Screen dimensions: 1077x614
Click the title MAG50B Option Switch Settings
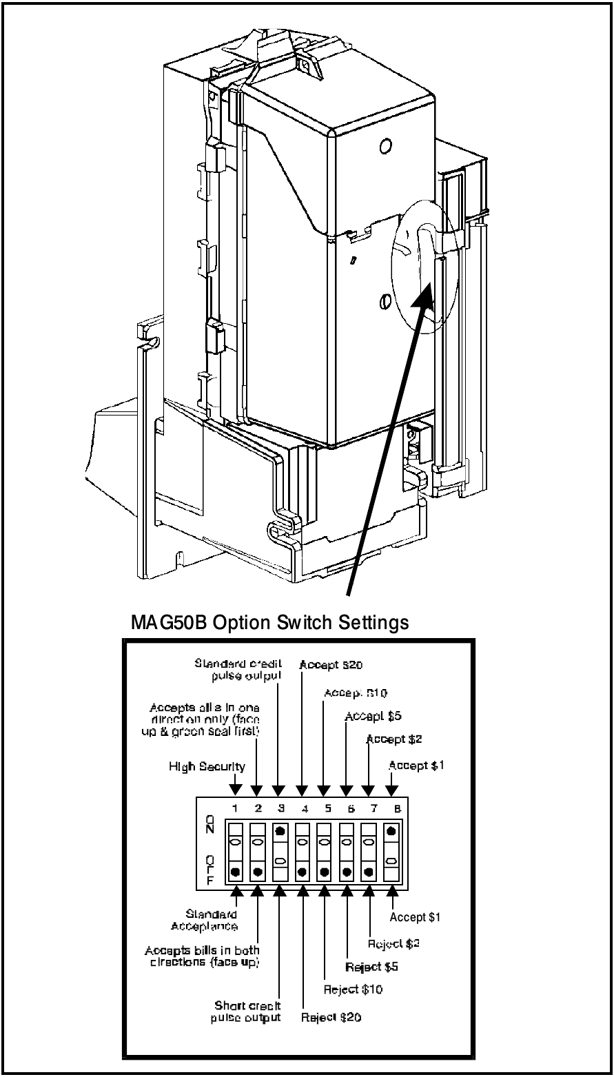pos(269,623)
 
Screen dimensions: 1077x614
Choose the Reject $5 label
pos(373,966)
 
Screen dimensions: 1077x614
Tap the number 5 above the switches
pos(325,807)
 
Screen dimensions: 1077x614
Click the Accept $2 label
pos(394,739)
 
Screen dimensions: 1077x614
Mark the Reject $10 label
pos(354,989)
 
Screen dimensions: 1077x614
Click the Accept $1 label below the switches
pos(415,917)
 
